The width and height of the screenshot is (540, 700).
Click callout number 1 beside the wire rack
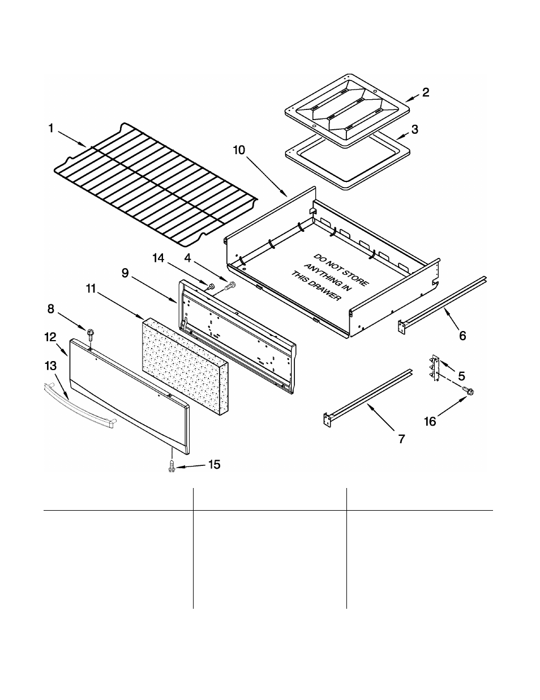pos(51,129)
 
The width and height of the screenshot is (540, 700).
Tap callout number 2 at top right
pos(425,92)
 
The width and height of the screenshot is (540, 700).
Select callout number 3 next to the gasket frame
pos(415,129)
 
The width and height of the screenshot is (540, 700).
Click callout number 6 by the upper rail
pos(462,336)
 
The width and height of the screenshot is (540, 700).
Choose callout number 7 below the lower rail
pos(401,439)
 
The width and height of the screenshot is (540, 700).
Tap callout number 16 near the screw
pos(430,422)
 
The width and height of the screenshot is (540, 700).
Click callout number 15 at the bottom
pos(214,465)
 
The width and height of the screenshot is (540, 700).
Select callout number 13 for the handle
pos(51,367)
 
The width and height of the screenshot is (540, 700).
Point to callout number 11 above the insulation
pos(91,288)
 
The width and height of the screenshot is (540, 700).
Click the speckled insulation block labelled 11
pos(184,362)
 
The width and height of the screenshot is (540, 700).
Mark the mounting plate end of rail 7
pos(327,419)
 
